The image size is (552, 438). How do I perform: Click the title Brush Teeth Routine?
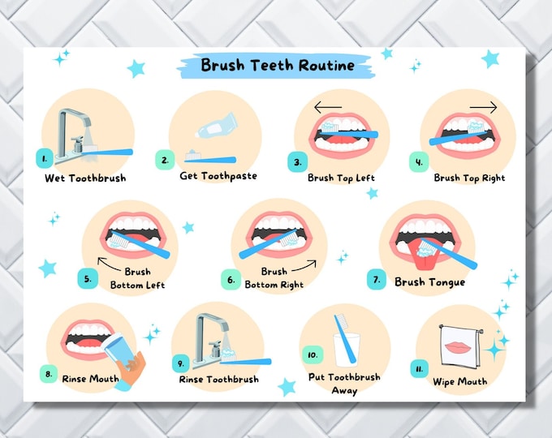[x=277, y=65]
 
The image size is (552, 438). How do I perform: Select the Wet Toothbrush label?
[x=85, y=178]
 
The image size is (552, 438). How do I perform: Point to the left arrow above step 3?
[x=330, y=106]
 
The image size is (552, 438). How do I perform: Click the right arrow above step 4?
[x=482, y=106]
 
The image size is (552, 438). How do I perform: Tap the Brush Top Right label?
[x=469, y=178]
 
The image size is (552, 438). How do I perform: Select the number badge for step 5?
[x=88, y=279]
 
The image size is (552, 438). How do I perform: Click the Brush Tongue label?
[x=429, y=282]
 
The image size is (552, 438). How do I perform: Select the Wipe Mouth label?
[x=460, y=381]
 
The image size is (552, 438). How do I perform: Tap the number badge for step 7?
[x=376, y=279]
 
